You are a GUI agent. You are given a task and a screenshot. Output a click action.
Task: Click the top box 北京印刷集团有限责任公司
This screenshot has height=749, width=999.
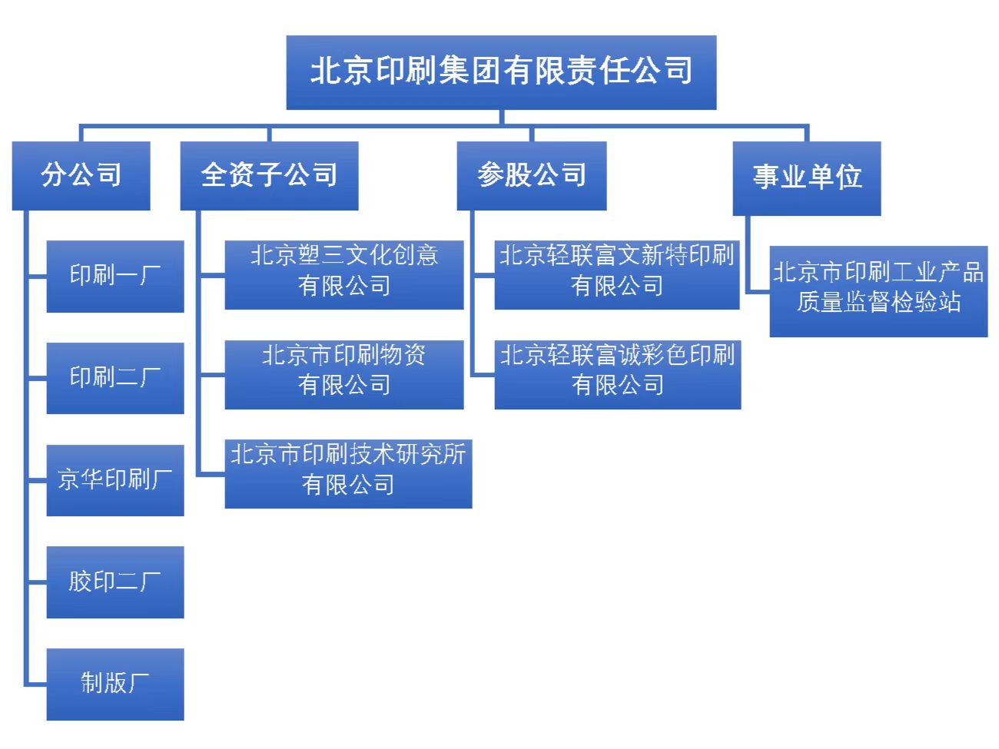tap(501, 72)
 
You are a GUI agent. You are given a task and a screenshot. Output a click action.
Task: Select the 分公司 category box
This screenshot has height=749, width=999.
tap(81, 175)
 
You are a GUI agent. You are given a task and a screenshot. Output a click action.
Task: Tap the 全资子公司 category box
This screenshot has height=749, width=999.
tap(269, 175)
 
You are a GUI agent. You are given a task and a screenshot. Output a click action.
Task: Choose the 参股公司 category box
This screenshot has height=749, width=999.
tap(531, 175)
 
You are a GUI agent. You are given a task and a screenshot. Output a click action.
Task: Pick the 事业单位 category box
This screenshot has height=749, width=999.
tap(806, 177)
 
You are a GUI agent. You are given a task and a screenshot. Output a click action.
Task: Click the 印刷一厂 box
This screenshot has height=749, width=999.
tap(115, 276)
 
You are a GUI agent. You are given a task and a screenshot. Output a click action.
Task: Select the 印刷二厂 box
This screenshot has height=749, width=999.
tap(115, 378)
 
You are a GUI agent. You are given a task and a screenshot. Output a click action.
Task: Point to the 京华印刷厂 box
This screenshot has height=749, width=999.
tap(115, 480)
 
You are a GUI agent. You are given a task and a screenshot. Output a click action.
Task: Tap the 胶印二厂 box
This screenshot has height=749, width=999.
tap(115, 582)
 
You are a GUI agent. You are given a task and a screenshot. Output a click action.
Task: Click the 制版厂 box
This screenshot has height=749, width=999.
tap(115, 684)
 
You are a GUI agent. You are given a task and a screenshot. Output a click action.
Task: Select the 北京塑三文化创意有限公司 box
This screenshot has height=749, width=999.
tap(344, 275)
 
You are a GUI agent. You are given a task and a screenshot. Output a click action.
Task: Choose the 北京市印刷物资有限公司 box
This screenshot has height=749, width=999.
tap(344, 374)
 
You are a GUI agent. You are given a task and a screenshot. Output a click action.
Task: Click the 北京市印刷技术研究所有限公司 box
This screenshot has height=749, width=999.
tap(348, 473)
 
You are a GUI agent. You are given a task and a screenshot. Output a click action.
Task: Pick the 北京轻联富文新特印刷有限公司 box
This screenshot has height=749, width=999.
tap(616, 275)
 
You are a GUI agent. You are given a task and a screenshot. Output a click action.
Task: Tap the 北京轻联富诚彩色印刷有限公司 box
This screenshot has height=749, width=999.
tap(617, 374)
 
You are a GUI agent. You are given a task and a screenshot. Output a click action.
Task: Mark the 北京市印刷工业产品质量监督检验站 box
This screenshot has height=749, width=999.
tap(878, 291)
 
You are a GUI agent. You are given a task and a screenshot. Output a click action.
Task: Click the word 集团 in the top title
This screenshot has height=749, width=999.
tap(470, 71)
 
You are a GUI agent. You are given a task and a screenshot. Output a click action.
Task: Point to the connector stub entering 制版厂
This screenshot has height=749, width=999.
tap(36, 683)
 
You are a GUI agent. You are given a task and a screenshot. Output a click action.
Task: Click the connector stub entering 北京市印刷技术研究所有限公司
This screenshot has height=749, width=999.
tap(211, 475)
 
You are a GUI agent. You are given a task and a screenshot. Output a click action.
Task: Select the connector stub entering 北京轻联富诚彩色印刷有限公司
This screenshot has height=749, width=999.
tap(483, 374)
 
